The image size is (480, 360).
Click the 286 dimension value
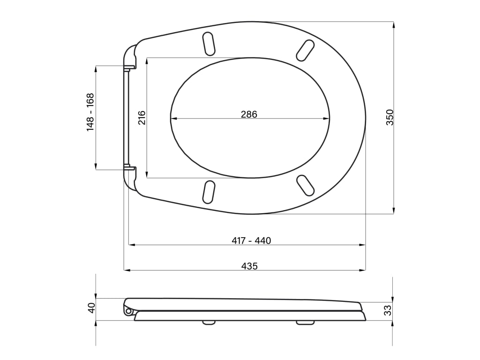(249, 114)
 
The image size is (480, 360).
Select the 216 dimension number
(142, 118)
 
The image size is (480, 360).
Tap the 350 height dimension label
(390, 117)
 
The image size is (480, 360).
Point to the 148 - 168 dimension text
(90, 112)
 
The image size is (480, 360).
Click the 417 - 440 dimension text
(251, 240)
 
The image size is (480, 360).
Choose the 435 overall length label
(249, 266)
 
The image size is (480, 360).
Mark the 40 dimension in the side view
(91, 307)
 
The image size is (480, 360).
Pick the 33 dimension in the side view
(388, 310)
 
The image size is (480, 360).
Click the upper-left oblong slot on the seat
(209, 44)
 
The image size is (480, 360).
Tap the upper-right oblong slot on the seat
(305, 50)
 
